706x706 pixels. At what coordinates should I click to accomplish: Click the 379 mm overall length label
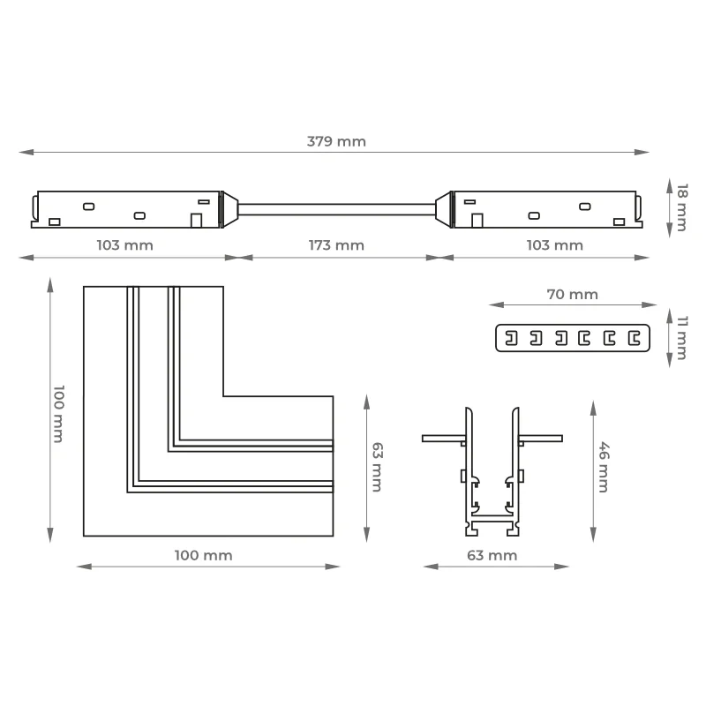pyautogui.click(x=336, y=141)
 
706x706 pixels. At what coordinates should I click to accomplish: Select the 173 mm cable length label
pyautogui.click(x=336, y=245)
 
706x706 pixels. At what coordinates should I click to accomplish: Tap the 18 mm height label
pyautogui.click(x=681, y=207)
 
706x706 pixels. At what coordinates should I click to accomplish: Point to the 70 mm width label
pyautogui.click(x=572, y=295)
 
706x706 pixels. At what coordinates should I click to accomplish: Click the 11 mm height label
pyautogui.click(x=681, y=338)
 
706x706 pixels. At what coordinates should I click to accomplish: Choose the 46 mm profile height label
pyautogui.click(x=604, y=467)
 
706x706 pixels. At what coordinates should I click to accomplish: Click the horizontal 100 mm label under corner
pyautogui.click(x=204, y=555)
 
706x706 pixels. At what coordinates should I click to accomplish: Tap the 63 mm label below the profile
pyautogui.click(x=492, y=555)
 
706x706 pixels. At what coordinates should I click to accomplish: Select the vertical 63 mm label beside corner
pyautogui.click(x=377, y=467)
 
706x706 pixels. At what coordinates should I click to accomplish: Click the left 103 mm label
pyautogui.click(x=124, y=245)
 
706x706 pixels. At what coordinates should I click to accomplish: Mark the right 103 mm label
pyautogui.click(x=555, y=245)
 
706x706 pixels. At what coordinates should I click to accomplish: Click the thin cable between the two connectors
pyautogui.click(x=336, y=209)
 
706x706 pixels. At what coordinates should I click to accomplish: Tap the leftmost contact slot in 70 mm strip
pyautogui.click(x=511, y=338)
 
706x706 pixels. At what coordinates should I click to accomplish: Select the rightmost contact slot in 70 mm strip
pyautogui.click(x=635, y=338)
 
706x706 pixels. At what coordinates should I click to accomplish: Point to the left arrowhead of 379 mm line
pyautogui.click(x=26, y=152)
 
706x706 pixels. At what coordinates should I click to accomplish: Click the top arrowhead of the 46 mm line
pyautogui.click(x=593, y=408)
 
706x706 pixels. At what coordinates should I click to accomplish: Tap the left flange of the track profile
pyautogui.click(x=444, y=438)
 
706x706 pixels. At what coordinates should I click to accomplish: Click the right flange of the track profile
pyautogui.click(x=540, y=438)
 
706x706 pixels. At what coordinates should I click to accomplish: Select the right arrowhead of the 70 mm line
pyautogui.click(x=649, y=304)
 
